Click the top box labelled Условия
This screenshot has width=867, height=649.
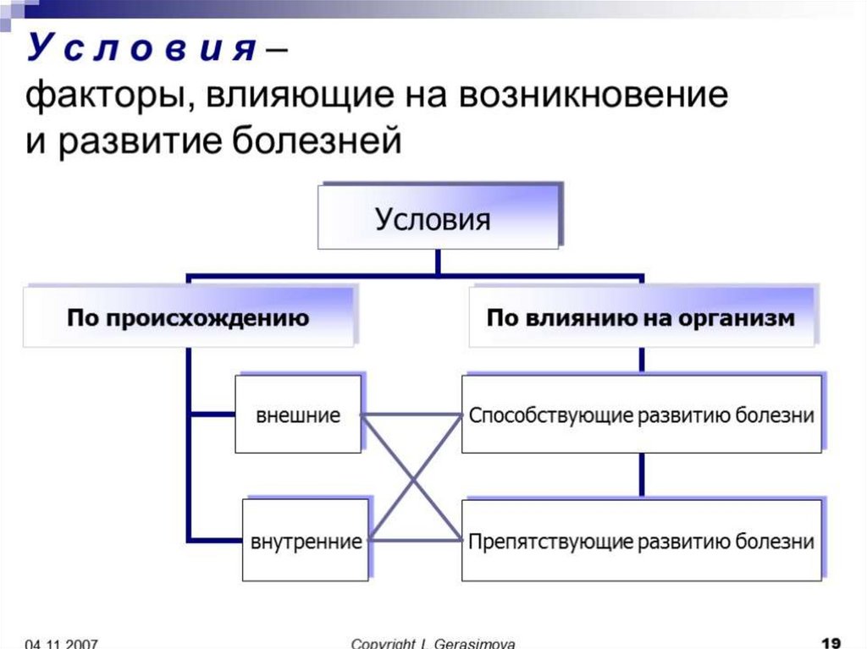pos(437,220)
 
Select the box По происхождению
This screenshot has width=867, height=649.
pos(188,319)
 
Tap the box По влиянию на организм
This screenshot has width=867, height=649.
pos(641,319)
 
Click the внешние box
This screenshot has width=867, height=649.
pos(298,415)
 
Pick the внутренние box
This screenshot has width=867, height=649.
pos(306,541)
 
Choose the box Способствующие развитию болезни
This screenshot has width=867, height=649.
pos(641,415)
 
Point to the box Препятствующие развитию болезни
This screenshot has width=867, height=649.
pos(641,541)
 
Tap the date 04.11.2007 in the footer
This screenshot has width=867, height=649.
pos(62,643)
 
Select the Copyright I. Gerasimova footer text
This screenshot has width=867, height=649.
pos(433,643)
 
